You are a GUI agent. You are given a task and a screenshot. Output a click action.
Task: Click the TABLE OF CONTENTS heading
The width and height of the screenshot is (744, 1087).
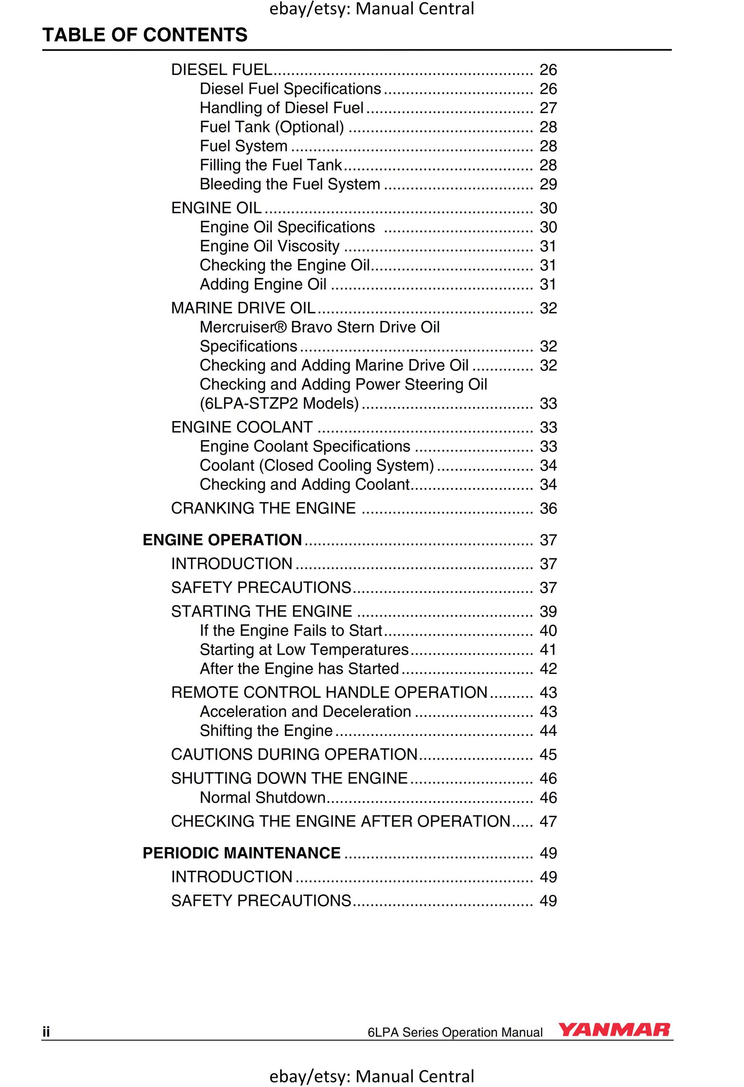point(145,35)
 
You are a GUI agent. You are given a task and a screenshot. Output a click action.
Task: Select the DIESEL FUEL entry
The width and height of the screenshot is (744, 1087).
point(221,70)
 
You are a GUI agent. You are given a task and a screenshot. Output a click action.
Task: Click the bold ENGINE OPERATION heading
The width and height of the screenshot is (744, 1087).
point(222,540)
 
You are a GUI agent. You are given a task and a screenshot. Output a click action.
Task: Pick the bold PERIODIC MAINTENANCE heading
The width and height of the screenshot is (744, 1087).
point(242,853)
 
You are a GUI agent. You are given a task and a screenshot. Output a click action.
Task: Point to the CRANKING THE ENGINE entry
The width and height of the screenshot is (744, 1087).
point(263,508)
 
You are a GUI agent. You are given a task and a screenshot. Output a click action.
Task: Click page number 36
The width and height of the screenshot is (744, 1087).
point(548,509)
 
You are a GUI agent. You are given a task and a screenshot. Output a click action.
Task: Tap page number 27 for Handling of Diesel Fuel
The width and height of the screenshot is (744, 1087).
point(548,108)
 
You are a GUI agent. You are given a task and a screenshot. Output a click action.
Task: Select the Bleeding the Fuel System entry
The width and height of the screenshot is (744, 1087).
point(290,184)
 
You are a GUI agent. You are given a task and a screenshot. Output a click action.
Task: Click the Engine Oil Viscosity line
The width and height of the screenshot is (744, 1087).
point(270,246)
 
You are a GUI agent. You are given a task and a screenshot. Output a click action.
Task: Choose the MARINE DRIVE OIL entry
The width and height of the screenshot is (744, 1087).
point(243,308)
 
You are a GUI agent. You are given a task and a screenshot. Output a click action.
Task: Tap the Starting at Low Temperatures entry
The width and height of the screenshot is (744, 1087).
point(304,650)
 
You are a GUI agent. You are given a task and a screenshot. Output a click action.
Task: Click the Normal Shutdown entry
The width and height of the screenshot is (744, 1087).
point(263,797)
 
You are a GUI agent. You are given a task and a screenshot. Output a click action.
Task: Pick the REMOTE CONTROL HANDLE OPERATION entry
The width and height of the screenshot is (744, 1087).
point(329,692)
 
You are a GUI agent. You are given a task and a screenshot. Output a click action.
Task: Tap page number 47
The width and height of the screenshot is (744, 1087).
point(548,821)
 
